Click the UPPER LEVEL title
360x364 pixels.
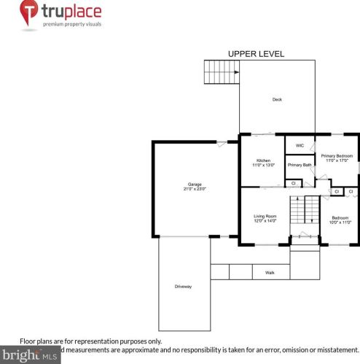point(256,54)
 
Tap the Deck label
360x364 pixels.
point(277,99)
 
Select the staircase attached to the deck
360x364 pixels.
point(221,71)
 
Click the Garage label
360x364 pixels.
point(195,184)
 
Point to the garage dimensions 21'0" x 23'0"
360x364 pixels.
point(195,189)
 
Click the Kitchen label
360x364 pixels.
point(263,160)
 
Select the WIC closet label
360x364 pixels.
point(299,146)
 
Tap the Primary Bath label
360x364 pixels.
point(299,165)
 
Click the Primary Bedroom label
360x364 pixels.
point(337,155)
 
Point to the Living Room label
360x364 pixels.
point(265,216)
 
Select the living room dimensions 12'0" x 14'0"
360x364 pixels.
point(265,221)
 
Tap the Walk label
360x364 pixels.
point(270,273)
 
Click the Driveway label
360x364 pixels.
point(183,286)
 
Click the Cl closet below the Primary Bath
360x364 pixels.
point(292,183)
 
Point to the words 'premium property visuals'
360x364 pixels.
point(71,24)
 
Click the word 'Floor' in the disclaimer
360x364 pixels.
point(28,341)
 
